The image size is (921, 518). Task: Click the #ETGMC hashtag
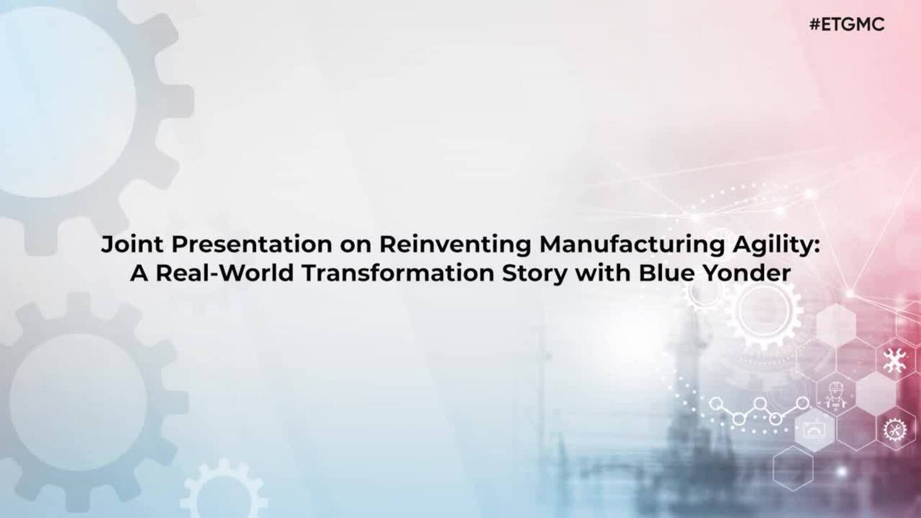[x=847, y=25]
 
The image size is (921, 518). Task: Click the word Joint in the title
[x=132, y=244]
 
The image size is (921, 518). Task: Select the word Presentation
[x=252, y=244]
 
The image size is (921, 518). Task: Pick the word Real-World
[x=224, y=273]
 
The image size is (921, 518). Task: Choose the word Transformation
[x=398, y=273]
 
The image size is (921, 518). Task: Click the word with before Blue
[x=602, y=273]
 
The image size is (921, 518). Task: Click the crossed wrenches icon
[x=895, y=360]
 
